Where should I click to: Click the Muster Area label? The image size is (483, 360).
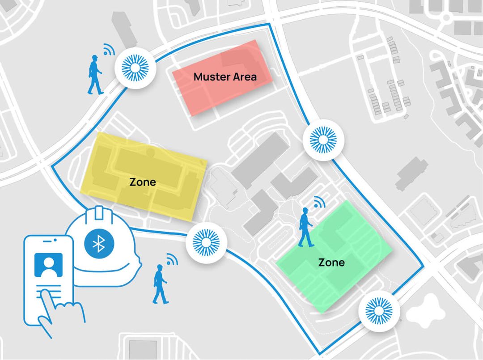coord(225,77)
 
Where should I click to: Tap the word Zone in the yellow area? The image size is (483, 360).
coord(143,182)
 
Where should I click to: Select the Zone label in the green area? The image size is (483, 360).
coord(331,262)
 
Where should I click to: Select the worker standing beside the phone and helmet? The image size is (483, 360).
coord(160,284)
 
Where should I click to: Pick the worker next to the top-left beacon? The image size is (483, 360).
coord(95,75)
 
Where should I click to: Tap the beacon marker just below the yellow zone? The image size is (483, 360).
coord(205,242)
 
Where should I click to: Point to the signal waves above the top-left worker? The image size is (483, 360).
coord(108,49)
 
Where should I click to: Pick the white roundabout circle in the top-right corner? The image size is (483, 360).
coord(446,17)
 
